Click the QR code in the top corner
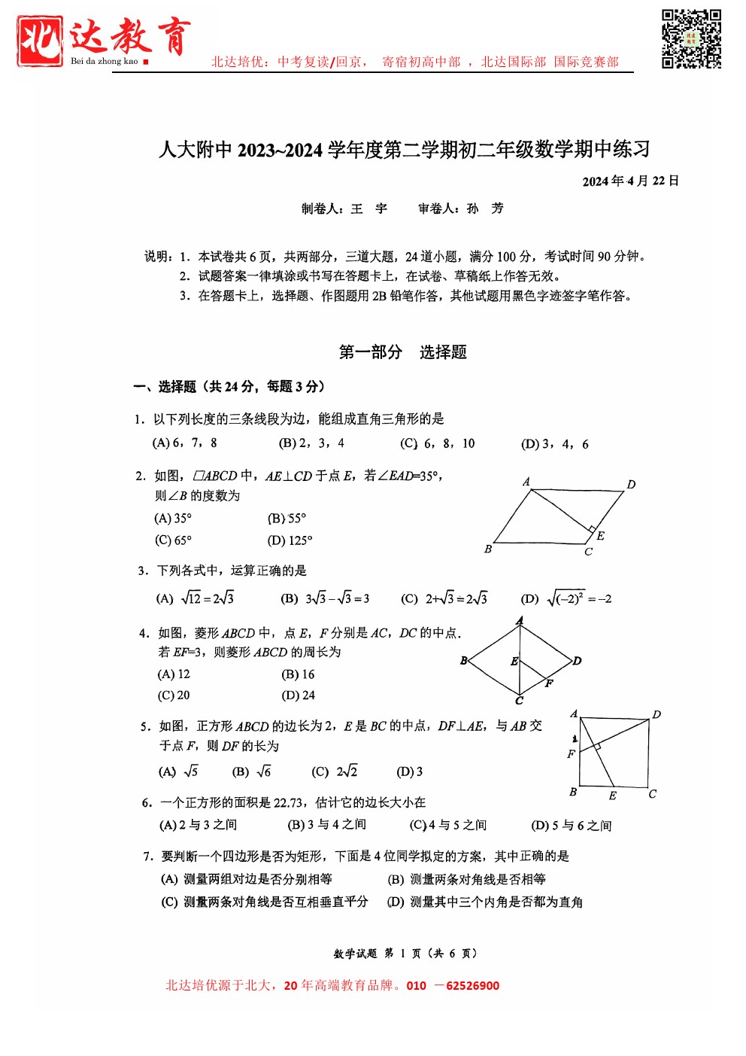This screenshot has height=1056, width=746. [691, 39]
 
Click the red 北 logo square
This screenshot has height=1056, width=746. [40, 41]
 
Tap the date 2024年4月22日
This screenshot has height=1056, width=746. [630, 181]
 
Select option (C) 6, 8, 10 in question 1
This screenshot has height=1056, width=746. [438, 443]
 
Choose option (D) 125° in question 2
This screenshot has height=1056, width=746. [290, 540]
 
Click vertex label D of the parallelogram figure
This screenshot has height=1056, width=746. [631, 484]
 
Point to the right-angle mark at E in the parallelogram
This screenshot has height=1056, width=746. [592, 529]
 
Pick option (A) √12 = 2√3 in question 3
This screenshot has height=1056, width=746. [195, 598]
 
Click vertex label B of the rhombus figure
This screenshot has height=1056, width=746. [463, 660]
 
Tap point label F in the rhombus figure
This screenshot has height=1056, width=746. [549, 683]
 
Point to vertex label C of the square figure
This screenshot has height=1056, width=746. [652, 793]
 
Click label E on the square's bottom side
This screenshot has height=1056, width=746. [612, 796]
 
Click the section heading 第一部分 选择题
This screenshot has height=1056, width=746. [402, 352]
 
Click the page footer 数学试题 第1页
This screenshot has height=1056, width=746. [405, 953]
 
